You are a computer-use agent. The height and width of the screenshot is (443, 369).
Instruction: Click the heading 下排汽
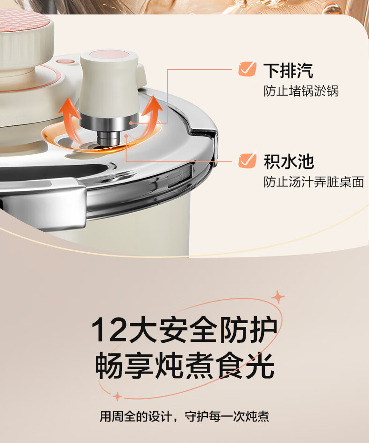(288, 70)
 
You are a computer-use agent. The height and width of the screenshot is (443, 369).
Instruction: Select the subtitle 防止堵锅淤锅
(301, 91)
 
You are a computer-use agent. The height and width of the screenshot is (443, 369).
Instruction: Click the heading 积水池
(289, 162)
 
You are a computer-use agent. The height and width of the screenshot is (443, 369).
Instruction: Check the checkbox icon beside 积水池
(247, 160)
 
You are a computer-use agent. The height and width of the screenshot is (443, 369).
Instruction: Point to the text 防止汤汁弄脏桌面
(314, 182)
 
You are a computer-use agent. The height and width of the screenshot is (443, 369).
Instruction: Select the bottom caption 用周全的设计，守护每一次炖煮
(184, 416)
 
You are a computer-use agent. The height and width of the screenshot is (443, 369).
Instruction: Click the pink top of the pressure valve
(109, 55)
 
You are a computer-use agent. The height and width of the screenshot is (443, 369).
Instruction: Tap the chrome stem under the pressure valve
(109, 138)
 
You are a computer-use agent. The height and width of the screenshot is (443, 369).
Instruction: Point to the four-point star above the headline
(278, 297)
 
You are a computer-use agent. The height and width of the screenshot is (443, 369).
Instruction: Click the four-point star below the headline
(117, 396)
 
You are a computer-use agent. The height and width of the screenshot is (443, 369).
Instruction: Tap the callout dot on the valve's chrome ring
(131, 123)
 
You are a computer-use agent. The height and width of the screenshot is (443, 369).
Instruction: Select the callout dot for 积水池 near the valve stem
(126, 136)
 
